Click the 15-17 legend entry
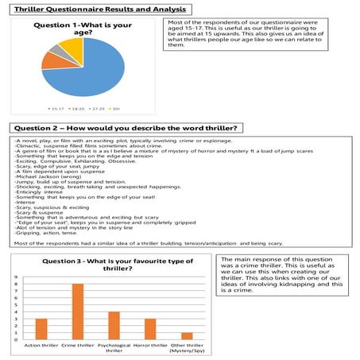[55, 107]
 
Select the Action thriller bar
[41, 328]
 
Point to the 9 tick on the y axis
[16, 277]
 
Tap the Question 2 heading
[127, 128]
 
